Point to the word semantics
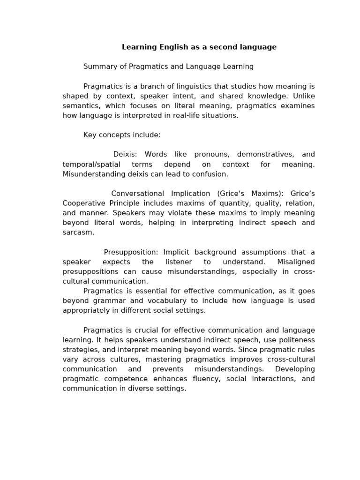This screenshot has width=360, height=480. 80,106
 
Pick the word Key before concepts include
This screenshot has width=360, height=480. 90,135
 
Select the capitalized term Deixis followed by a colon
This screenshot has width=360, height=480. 125,154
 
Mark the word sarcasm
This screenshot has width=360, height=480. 78,232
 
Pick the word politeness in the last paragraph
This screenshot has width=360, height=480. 295,340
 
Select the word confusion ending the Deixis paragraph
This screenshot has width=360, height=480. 211,174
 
